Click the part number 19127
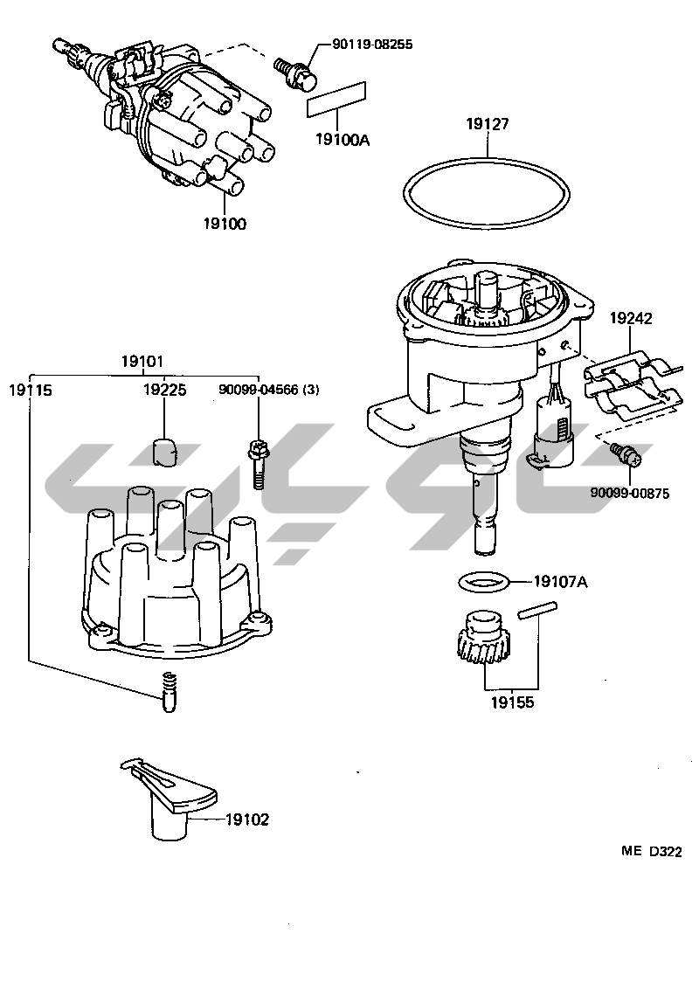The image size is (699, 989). pyautogui.click(x=487, y=125)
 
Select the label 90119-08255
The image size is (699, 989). pyautogui.click(x=372, y=44)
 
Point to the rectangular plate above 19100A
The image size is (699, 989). pyautogui.click(x=336, y=99)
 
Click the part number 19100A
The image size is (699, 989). pyautogui.click(x=337, y=139)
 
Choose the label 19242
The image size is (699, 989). pyautogui.click(x=630, y=319)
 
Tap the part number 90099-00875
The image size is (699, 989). pyautogui.click(x=629, y=493)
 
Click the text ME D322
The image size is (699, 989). pyautogui.click(x=651, y=852)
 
